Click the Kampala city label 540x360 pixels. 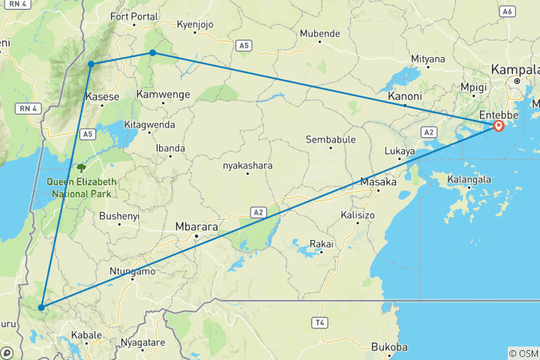point(514,69)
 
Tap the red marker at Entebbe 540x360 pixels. point(498,125)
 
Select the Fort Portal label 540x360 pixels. point(134,16)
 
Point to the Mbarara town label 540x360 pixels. point(195,225)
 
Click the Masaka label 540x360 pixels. point(378,182)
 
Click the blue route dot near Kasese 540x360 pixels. point(91,64)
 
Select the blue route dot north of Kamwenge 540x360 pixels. point(152,52)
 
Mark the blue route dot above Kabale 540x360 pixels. point(41,307)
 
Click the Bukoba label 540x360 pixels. point(389,347)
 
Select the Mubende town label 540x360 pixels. point(319,34)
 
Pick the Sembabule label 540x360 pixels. point(331,139)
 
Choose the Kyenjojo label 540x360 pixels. point(195,25)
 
